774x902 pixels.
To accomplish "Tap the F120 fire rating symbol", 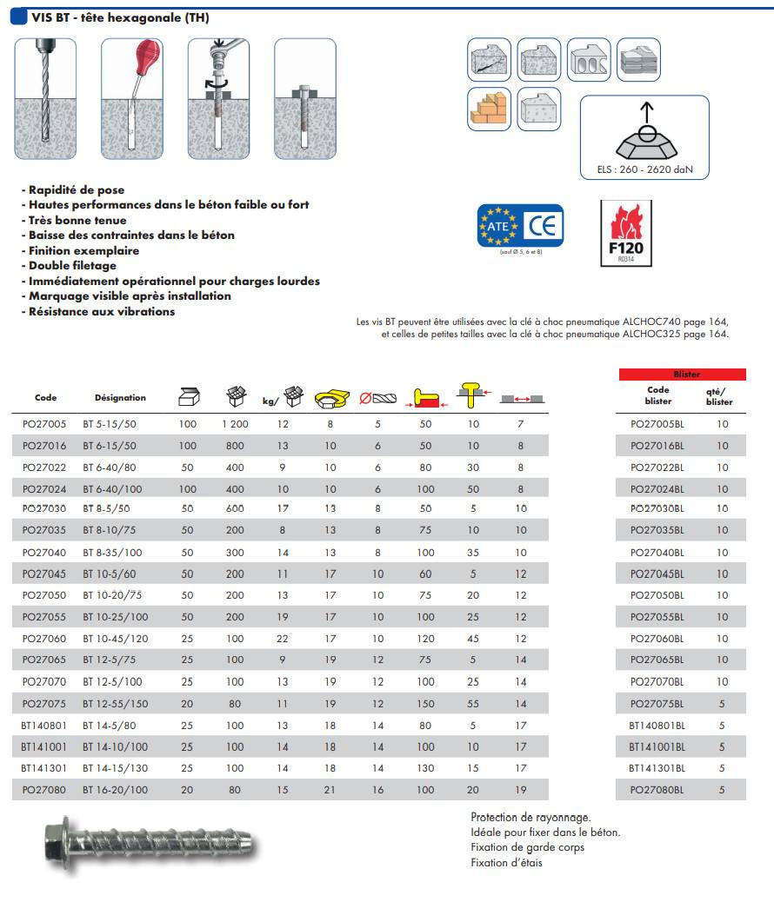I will click(626, 234).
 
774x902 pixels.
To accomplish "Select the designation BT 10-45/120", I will click(116, 638).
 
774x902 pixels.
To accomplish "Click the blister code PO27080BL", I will click(657, 790).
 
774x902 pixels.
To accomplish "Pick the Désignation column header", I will click(120, 398).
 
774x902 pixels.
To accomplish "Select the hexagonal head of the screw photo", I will click(62, 839).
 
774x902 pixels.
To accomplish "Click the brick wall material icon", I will click(489, 109).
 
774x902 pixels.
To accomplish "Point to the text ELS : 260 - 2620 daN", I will click(644, 169).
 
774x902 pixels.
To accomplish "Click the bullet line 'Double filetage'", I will click(72, 266).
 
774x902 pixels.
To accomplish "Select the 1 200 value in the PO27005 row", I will click(235, 425).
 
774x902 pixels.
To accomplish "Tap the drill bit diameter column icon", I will click(377, 398).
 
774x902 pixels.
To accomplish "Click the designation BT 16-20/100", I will click(116, 790).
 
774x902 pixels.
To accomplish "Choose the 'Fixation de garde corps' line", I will click(527, 847).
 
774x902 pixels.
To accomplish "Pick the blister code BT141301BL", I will click(657, 768).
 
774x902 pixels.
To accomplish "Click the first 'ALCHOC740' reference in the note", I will click(651, 322).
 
